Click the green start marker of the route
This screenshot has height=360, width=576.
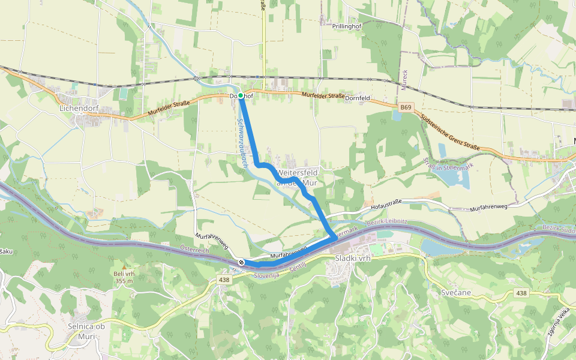tap(240, 96)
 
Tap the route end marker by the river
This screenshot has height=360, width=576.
tap(241, 262)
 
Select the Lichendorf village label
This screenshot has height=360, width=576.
tap(79, 109)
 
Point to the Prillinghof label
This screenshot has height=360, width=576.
tap(349, 26)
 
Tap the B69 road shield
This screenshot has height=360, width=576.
tap(406, 107)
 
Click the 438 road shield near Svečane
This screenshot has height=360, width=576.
tap(521, 293)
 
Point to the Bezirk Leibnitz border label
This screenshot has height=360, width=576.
tap(387, 223)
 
